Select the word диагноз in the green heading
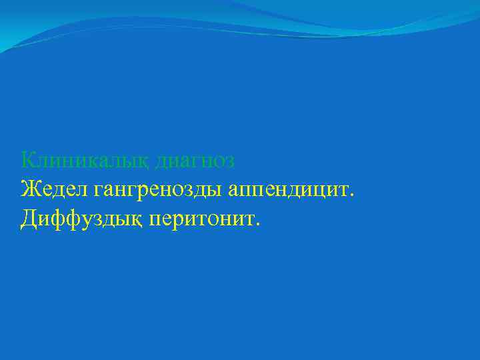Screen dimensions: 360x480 click(x=195, y=161)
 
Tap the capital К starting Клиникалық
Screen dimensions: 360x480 click(x=29, y=160)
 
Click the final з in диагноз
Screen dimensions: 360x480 click(x=230, y=162)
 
